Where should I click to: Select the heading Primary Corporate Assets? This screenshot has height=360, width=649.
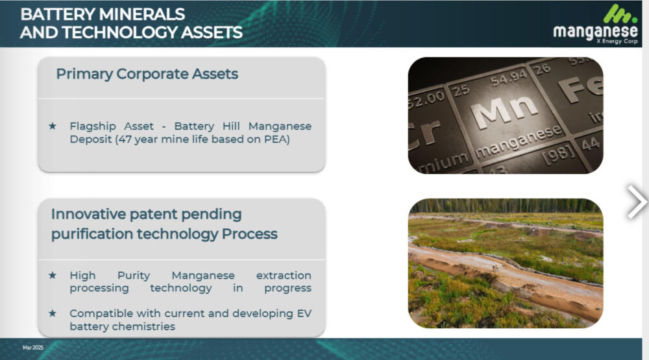(147, 74)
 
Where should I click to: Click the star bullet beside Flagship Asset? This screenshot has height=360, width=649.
(53, 126)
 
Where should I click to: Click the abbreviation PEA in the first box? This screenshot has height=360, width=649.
(275, 139)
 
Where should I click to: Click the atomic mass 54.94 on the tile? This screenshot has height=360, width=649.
(509, 78)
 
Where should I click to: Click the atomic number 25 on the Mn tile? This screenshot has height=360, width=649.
(461, 90)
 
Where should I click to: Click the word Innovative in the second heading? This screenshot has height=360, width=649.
(88, 214)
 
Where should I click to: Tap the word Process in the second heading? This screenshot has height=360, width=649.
(250, 234)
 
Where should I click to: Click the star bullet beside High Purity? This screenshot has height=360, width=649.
(53, 275)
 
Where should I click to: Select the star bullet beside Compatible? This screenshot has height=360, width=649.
(53, 313)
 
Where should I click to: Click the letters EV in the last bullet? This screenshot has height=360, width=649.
(304, 314)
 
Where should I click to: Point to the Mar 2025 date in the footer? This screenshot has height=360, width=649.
(33, 348)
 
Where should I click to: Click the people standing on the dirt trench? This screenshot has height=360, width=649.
(495, 268)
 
